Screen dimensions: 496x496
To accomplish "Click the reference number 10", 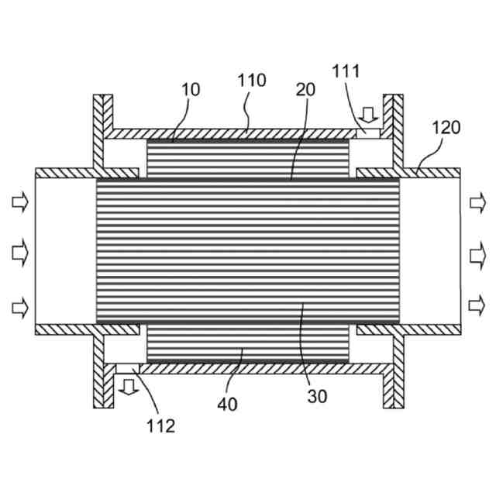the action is (x=191, y=90).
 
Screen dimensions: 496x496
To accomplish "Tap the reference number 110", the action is (x=252, y=81).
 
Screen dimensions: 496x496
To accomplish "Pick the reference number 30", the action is (x=317, y=396).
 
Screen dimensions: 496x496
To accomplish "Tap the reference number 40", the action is (x=229, y=404).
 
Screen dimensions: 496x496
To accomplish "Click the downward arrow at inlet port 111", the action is (x=370, y=115).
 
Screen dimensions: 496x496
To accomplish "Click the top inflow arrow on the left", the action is (x=19, y=204).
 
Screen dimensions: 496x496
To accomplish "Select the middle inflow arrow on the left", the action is (x=19, y=251).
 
